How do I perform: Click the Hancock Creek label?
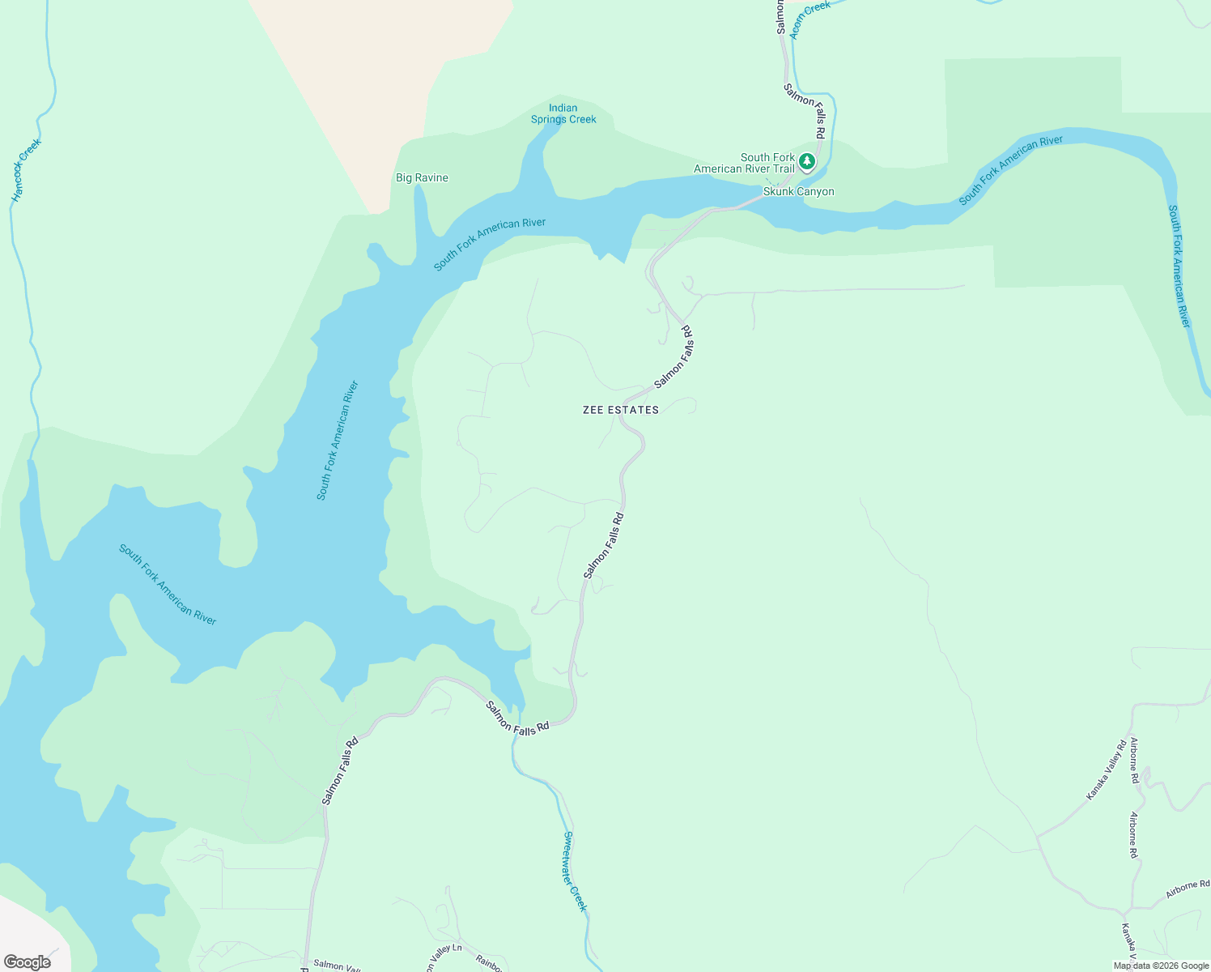tap(26, 170)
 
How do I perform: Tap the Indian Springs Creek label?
tap(563, 113)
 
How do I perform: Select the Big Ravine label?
tap(422, 178)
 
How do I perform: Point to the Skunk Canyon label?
tap(798, 192)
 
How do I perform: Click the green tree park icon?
tap(806, 161)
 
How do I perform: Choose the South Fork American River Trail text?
tap(744, 163)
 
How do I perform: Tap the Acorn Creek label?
tap(810, 19)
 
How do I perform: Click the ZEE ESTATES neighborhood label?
tap(621, 411)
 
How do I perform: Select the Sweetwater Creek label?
tap(574, 872)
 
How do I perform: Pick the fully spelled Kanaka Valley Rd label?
tap(1107, 770)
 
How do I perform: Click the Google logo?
tap(27, 962)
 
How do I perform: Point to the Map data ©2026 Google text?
tap(1161, 966)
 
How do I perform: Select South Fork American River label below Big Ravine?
tap(489, 245)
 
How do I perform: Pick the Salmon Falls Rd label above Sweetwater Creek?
tap(517, 718)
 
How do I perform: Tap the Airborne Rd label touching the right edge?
tap(1188, 889)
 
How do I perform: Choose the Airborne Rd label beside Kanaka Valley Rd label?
tap(1134, 761)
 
